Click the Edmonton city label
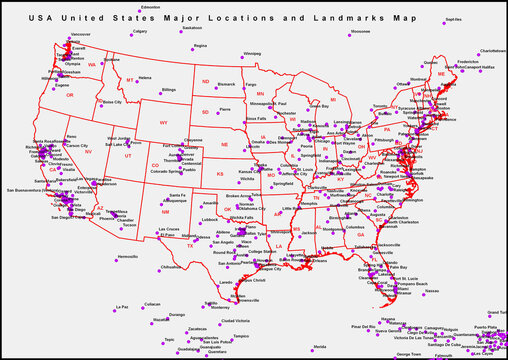pos(151,7)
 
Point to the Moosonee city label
pos(360,31)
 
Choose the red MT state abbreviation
pos(130,79)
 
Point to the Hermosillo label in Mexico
pos(128,256)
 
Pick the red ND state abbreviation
pos(205,81)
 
